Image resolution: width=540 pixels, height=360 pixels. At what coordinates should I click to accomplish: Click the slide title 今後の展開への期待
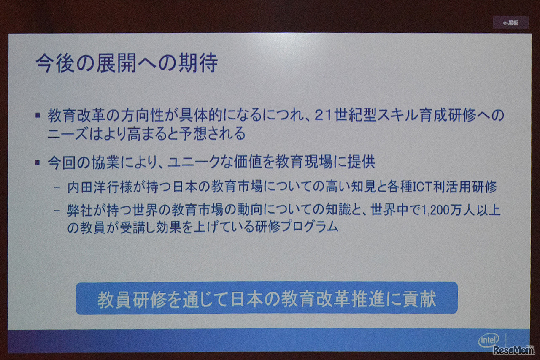pyautogui.click(x=127, y=63)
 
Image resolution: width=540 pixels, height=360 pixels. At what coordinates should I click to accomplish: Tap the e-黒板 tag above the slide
pyautogui.click(x=510, y=23)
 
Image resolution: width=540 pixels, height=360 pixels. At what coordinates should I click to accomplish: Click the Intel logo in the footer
pyautogui.click(x=489, y=340)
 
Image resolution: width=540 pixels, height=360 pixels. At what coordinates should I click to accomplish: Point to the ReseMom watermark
pyautogui.click(x=513, y=350)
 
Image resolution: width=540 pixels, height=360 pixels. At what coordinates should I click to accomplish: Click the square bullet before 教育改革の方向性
pyautogui.click(x=38, y=115)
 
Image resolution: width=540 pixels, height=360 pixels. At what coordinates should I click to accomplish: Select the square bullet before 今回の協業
pyautogui.click(x=38, y=162)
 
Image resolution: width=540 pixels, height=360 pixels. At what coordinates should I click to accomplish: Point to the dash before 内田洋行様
pyautogui.click(x=57, y=187)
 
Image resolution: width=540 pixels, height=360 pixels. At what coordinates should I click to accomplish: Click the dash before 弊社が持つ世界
pyautogui.click(x=57, y=211)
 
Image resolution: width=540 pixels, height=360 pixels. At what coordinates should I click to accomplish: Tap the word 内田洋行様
pyautogui.click(x=100, y=187)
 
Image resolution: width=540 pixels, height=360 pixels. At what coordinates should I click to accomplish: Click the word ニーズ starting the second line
pyautogui.click(x=68, y=134)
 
